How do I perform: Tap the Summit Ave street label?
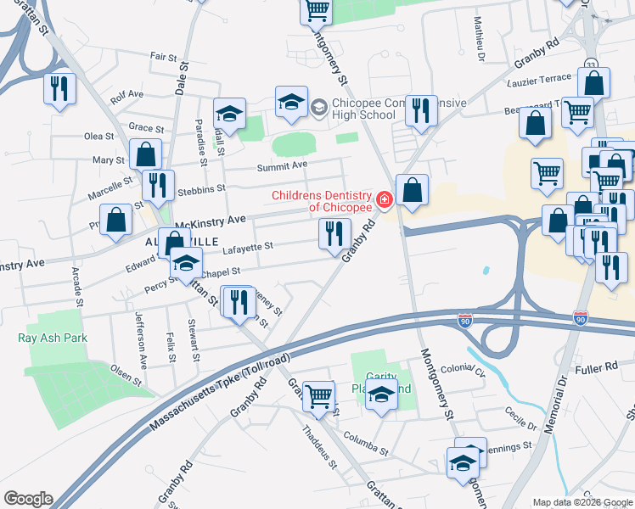tap(282, 165)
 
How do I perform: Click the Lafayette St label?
tap(246, 247)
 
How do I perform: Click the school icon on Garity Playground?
tap(382, 395)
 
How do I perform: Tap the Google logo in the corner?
tap(27, 499)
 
